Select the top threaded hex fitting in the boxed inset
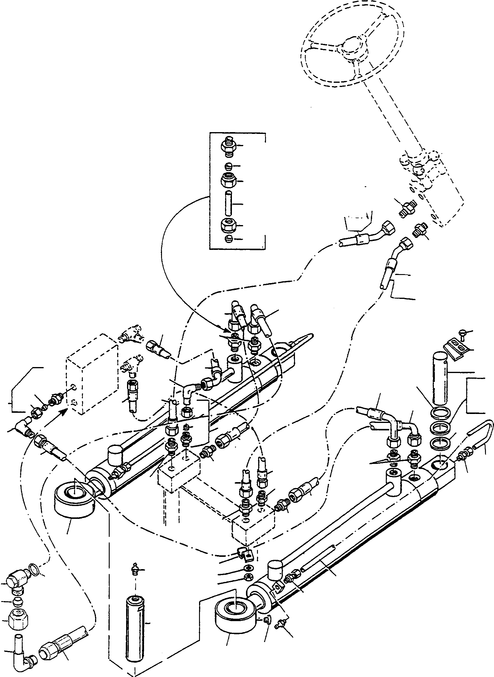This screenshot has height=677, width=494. tap(228, 146)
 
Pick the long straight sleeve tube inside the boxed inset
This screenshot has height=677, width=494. tap(228, 204)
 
